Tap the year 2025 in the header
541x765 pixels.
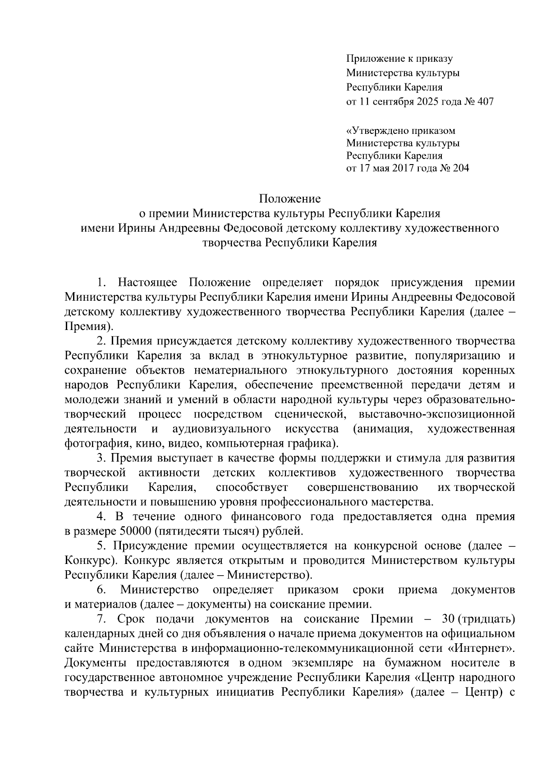tap(427, 101)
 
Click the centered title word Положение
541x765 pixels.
tap(290, 199)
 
